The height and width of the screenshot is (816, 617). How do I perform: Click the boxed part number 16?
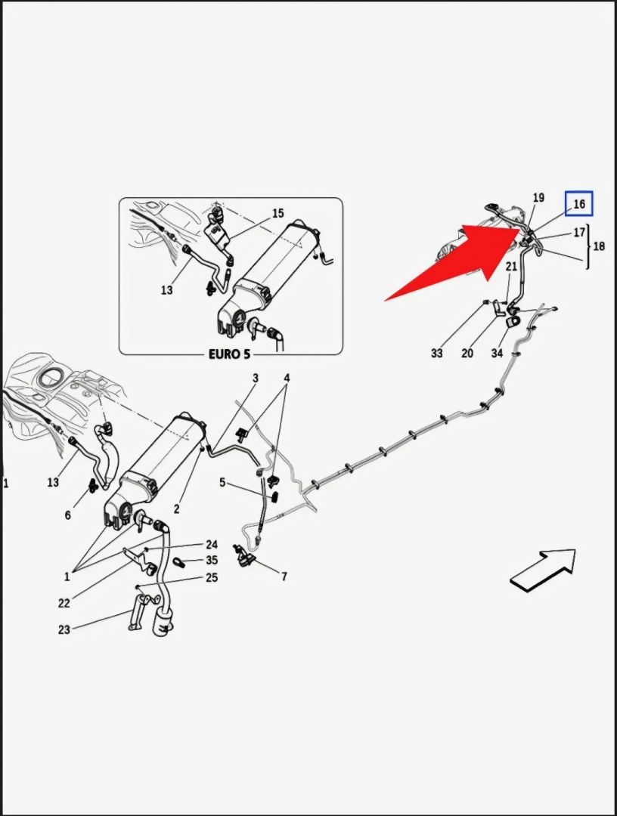[x=579, y=204]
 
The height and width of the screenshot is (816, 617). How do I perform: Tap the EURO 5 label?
[x=230, y=354]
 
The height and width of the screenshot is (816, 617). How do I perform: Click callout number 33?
[x=437, y=353]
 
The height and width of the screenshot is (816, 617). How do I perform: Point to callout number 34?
[x=497, y=353]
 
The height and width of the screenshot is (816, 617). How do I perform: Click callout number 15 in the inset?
[x=277, y=214]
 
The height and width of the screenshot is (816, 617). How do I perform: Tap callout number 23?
[x=64, y=629]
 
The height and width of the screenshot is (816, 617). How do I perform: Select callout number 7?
[x=284, y=577]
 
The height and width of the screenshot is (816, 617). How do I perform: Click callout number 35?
[x=212, y=561]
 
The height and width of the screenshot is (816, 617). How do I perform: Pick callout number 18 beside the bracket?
[x=599, y=246]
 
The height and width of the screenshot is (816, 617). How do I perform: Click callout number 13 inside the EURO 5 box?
[x=166, y=290]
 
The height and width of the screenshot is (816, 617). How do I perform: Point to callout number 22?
[x=64, y=603]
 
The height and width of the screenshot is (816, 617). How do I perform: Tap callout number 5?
[x=222, y=482]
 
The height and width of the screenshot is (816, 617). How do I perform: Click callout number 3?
[x=256, y=378]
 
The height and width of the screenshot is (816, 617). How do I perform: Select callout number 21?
[x=511, y=266]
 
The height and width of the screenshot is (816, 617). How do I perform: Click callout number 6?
[x=67, y=515]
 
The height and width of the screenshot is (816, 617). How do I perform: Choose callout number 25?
[x=212, y=578]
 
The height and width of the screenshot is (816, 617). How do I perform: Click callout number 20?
[x=467, y=353]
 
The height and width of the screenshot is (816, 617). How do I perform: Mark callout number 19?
[x=538, y=198]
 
